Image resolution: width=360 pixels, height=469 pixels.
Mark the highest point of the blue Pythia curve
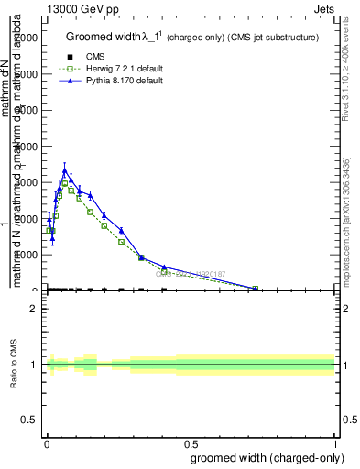[64, 170]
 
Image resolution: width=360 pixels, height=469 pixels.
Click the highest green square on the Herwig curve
[64, 183]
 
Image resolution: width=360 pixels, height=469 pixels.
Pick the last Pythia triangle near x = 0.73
[256, 288]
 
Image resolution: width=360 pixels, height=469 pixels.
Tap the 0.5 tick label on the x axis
[190, 443]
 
